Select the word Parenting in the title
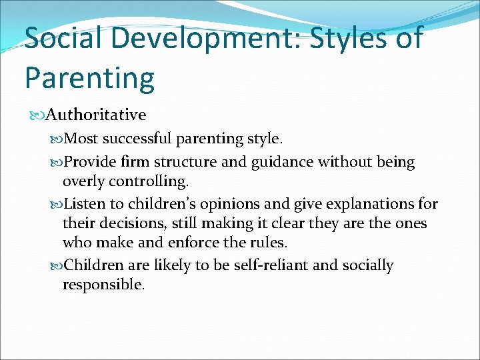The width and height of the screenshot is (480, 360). [x=89, y=79]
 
